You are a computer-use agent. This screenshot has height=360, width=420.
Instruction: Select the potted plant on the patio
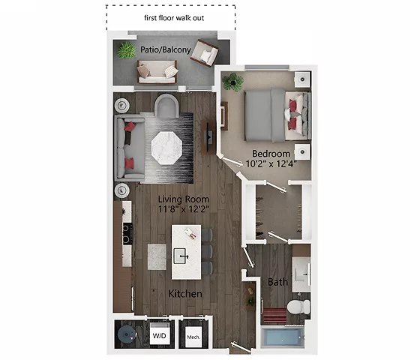coord(125,52)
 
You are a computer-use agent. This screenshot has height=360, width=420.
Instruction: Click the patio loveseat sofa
coord(157,71)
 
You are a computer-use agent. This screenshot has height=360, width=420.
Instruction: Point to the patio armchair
coord(204,53)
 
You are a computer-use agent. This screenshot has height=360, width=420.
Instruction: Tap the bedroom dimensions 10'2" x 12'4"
coord(271,163)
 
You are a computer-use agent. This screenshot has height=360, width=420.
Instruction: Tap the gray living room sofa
coord(127,147)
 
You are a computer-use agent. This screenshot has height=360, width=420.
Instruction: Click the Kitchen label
coord(184,293)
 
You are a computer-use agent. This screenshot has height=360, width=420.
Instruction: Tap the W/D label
coord(159,336)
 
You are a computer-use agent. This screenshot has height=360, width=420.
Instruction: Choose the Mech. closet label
coord(193,337)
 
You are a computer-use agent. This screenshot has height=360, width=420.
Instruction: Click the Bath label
coord(277,282)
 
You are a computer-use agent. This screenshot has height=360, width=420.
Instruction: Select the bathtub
coord(283,337)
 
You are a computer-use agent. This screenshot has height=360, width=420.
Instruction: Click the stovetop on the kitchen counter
coord(125,234)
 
